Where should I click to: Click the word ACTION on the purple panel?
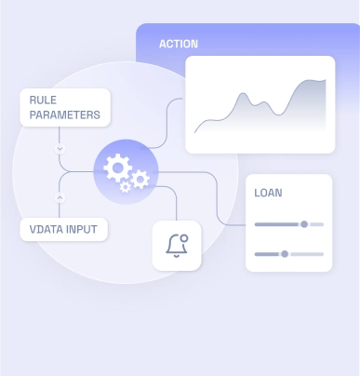[179, 44]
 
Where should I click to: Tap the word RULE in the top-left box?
[43, 101]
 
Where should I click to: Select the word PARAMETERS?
[65, 116]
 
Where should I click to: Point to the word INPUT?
[81, 229]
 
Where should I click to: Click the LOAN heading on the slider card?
[268, 194]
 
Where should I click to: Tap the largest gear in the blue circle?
[117, 168]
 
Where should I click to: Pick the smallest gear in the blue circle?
[126, 187]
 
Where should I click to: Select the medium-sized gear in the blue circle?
[140, 178]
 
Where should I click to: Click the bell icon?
[175, 246]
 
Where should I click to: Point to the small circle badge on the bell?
[183, 237]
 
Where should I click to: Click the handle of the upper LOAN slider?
[304, 224]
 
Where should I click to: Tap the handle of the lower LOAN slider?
[285, 254]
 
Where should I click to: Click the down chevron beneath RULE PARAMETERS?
[60, 148]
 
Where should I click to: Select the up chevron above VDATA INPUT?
[60, 197]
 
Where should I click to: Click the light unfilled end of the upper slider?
[316, 224]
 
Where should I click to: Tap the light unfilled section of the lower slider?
[306, 254]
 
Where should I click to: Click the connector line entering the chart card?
[177, 101]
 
